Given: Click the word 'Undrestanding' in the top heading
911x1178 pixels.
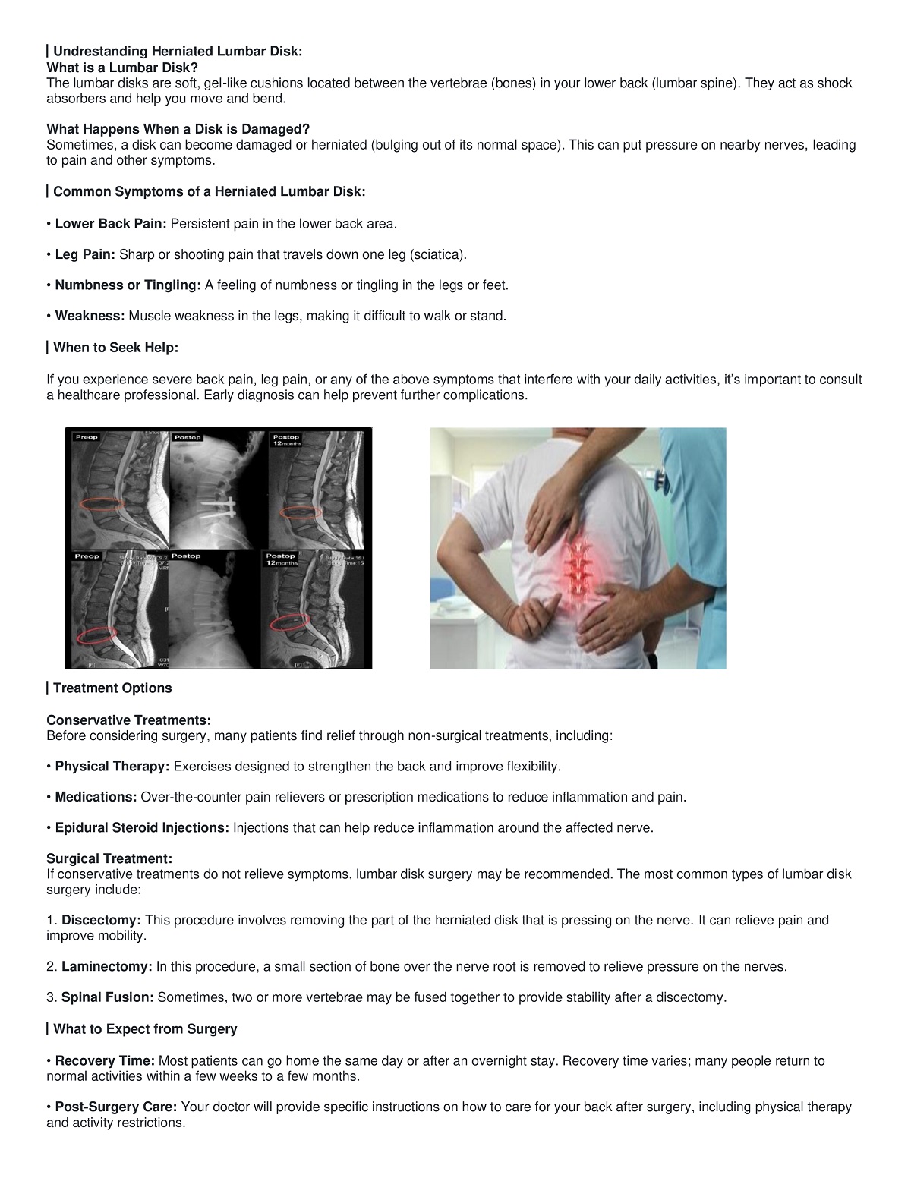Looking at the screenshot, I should [x=100, y=52].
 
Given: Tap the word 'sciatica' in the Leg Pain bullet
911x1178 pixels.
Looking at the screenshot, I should [x=436, y=255].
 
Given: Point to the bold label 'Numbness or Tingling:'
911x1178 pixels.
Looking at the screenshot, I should [x=128, y=285].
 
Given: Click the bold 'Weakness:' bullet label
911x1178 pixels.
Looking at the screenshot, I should [x=90, y=317].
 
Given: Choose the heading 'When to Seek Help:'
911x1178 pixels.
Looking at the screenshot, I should [x=115, y=348].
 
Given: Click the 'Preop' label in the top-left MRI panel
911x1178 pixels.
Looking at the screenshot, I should [x=87, y=437].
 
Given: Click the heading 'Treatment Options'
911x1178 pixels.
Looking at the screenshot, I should [x=112, y=688].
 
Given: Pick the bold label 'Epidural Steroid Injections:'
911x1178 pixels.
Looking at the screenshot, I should [x=142, y=828].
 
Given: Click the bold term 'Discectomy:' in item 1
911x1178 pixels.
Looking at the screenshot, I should [x=101, y=921].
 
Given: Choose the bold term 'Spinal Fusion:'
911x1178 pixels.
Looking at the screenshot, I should [x=108, y=997].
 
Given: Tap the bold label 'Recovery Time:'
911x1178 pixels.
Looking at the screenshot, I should [x=106, y=1061].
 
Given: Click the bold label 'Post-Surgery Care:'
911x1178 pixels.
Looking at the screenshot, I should [x=117, y=1107].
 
